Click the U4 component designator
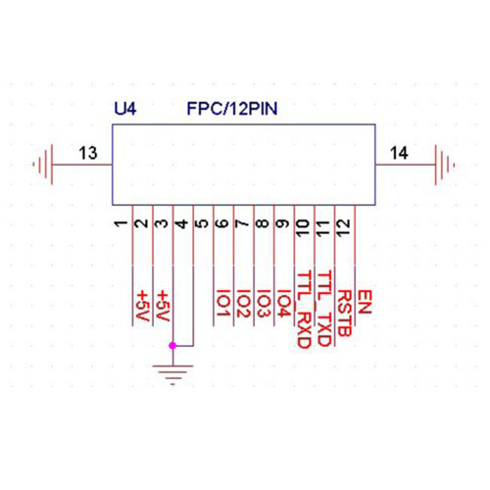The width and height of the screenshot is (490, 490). [125, 109]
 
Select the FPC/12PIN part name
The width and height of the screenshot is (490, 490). [232, 109]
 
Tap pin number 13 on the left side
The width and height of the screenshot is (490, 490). [88, 153]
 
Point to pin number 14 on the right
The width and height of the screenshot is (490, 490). [399, 153]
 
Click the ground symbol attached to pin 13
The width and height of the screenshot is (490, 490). [43, 165]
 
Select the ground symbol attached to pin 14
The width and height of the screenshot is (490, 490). [444, 165]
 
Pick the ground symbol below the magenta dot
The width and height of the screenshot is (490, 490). [172, 374]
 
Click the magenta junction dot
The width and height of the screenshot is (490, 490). [172, 345]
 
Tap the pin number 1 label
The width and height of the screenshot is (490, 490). [121, 223]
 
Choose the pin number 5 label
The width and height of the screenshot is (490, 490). [202, 223]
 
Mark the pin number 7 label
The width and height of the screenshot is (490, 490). [242, 223]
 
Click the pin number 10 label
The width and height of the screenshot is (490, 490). [303, 228]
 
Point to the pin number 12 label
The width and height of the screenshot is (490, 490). [343, 227]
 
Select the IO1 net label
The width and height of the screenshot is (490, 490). [222, 304]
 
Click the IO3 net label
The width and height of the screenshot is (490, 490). [263, 304]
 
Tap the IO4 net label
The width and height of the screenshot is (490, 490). [283, 304]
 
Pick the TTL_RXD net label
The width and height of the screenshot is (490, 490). [304, 310]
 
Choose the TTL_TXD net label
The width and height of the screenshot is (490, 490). [324, 309]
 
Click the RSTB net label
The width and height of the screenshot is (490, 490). [344, 314]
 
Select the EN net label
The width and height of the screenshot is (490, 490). [365, 302]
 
